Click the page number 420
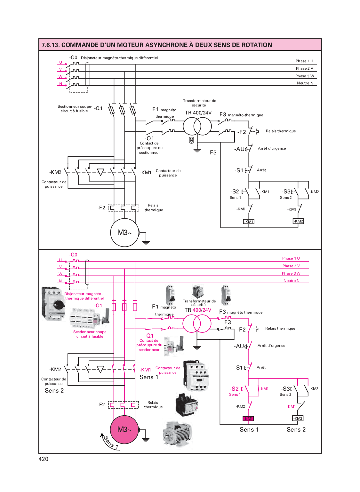[x=44, y=459]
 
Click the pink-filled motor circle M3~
[x=124, y=429]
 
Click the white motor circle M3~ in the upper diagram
[x=124, y=232]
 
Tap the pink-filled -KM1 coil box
[x=248, y=418]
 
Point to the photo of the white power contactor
[x=196, y=376]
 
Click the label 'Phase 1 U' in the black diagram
[x=304, y=61]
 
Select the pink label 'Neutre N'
[x=292, y=281]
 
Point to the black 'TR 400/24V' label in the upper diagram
[x=198, y=113]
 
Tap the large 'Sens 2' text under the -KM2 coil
[x=296, y=430]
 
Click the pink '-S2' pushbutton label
[x=234, y=389]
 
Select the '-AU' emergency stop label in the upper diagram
[x=240, y=149]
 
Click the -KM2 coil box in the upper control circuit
[x=298, y=221]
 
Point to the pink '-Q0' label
[x=73, y=255]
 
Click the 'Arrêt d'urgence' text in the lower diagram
[x=271, y=346]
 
